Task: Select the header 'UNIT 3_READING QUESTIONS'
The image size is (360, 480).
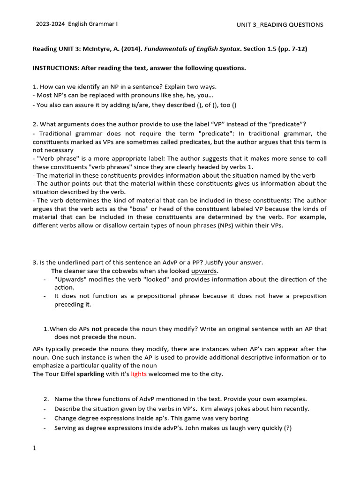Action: [x=279, y=25]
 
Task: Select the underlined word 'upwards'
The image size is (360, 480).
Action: [x=204, y=271]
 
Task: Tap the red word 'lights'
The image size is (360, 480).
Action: [x=139, y=374]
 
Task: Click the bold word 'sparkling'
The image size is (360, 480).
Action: [x=91, y=374]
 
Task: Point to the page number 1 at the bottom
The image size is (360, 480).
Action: [x=34, y=448]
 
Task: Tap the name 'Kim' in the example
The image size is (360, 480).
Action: [x=200, y=408]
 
